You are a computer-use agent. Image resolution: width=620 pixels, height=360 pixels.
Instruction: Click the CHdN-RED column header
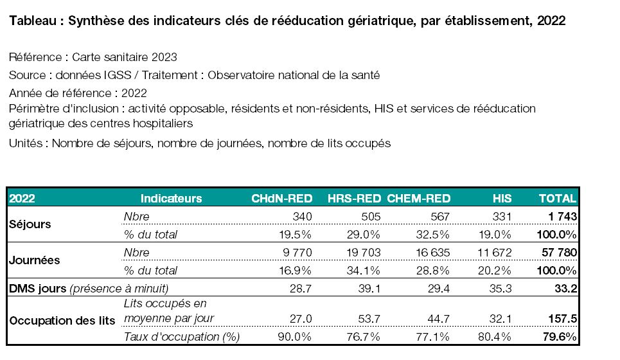282,198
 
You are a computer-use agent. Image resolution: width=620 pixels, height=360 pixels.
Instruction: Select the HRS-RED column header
354,198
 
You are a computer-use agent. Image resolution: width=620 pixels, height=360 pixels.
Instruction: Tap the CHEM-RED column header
419,198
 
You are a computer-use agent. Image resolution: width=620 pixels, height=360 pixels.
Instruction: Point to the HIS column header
502,198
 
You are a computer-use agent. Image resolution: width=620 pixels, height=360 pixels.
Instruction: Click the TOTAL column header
558,198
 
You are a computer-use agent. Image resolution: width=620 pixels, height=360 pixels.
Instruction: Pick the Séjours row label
30,224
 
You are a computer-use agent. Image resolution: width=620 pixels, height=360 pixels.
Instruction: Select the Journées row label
35,260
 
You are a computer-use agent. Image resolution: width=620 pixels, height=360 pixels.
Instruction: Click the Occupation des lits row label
62,320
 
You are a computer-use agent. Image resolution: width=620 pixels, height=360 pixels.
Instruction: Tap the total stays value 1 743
562,217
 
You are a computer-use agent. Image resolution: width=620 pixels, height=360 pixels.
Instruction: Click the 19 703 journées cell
364,253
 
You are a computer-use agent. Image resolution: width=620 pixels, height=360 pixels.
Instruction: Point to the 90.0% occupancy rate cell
294,337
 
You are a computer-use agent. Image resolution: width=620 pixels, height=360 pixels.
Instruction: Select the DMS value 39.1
369,289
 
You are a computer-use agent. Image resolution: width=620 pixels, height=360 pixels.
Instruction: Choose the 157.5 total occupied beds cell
563,318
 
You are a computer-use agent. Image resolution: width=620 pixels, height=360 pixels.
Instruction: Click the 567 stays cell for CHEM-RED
440,217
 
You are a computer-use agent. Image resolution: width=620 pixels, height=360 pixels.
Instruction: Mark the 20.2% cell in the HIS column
495,270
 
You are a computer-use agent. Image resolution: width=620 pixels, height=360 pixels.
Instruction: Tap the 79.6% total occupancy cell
560,337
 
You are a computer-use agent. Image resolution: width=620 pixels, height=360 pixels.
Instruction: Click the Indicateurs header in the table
171,198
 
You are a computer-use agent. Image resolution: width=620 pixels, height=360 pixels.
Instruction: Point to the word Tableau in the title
33,21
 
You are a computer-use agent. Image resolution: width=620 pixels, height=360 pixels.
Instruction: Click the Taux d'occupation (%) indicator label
181,337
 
